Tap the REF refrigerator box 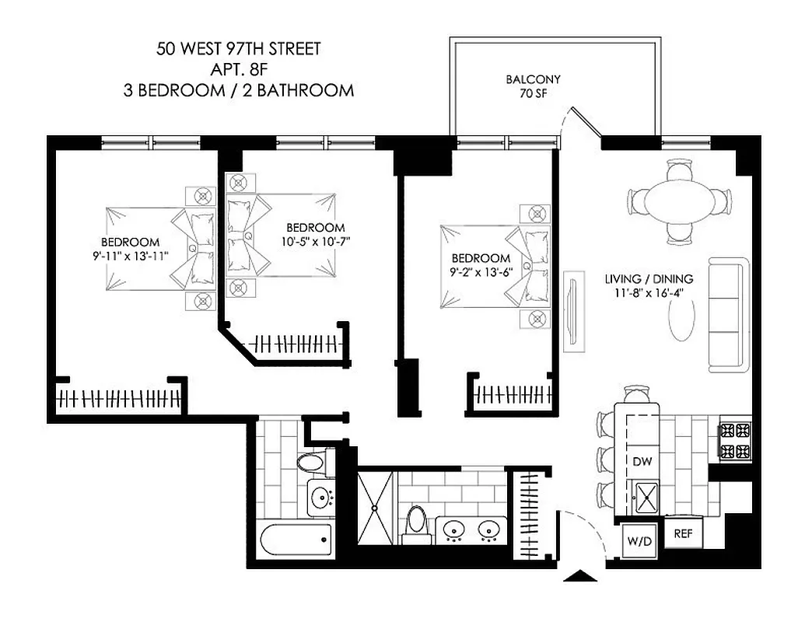682,534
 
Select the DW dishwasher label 641,461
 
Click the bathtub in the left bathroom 295,539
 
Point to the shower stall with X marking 376,508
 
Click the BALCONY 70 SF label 533,86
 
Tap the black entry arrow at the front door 583,576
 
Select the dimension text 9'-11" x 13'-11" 130,255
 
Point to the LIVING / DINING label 649,278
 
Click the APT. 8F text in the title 238,70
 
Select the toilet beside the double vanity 417,519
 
